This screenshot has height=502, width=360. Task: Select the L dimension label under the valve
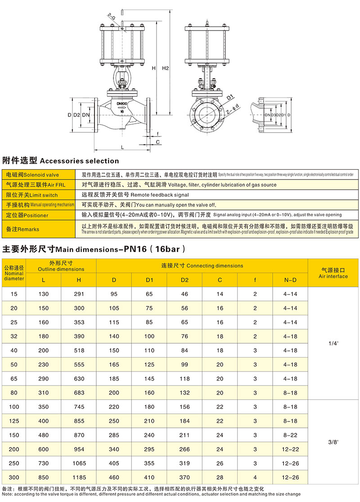[x=122, y=147]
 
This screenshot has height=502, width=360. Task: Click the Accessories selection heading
[x=61, y=161]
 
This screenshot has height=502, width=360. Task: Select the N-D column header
[x=290, y=280]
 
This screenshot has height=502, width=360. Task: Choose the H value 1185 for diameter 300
[x=79, y=476]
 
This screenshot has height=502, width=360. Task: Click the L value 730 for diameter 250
[x=44, y=462]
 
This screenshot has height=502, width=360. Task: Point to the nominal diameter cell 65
[x=13, y=379]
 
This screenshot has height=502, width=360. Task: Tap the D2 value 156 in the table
[x=185, y=407]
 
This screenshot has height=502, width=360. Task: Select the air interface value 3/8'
[x=333, y=442]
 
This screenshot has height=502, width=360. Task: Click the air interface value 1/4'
[x=333, y=343]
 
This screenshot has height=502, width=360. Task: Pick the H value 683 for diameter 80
[x=79, y=393]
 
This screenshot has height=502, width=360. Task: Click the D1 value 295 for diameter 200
[x=150, y=448]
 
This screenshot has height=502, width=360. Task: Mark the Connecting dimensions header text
[x=202, y=266]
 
